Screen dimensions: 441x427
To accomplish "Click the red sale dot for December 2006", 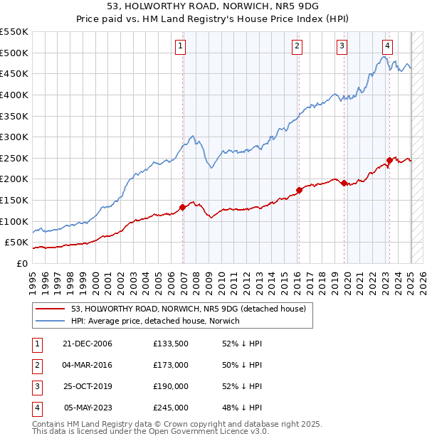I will [183, 207].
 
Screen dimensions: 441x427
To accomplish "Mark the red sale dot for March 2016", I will [299, 190].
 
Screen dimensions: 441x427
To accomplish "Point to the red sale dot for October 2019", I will [344, 183].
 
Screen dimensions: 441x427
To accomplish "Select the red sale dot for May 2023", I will [389, 160].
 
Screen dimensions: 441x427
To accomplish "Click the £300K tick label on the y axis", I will [15, 137].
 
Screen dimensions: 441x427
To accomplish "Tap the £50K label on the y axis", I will [18, 243].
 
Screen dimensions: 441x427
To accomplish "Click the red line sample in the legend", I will [49, 309].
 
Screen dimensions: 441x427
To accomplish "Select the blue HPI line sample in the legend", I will [49, 321].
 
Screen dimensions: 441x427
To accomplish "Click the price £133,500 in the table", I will [170, 344].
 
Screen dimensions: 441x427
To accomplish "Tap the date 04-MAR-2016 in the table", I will [88, 365].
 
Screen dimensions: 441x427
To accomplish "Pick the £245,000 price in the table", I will [170, 408].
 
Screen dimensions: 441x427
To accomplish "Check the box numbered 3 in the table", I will [36, 387].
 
